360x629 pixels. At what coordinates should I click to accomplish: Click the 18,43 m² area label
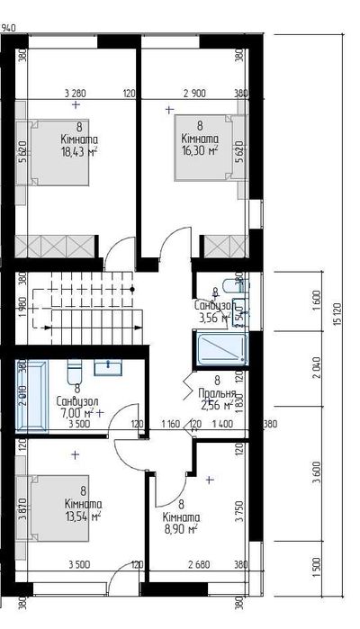(79, 153)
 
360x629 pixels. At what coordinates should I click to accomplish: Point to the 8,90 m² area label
(181, 530)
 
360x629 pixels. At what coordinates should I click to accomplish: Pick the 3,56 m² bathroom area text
(213, 317)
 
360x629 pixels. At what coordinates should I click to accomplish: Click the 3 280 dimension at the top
(76, 94)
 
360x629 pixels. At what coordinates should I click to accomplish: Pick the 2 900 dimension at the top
(195, 94)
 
